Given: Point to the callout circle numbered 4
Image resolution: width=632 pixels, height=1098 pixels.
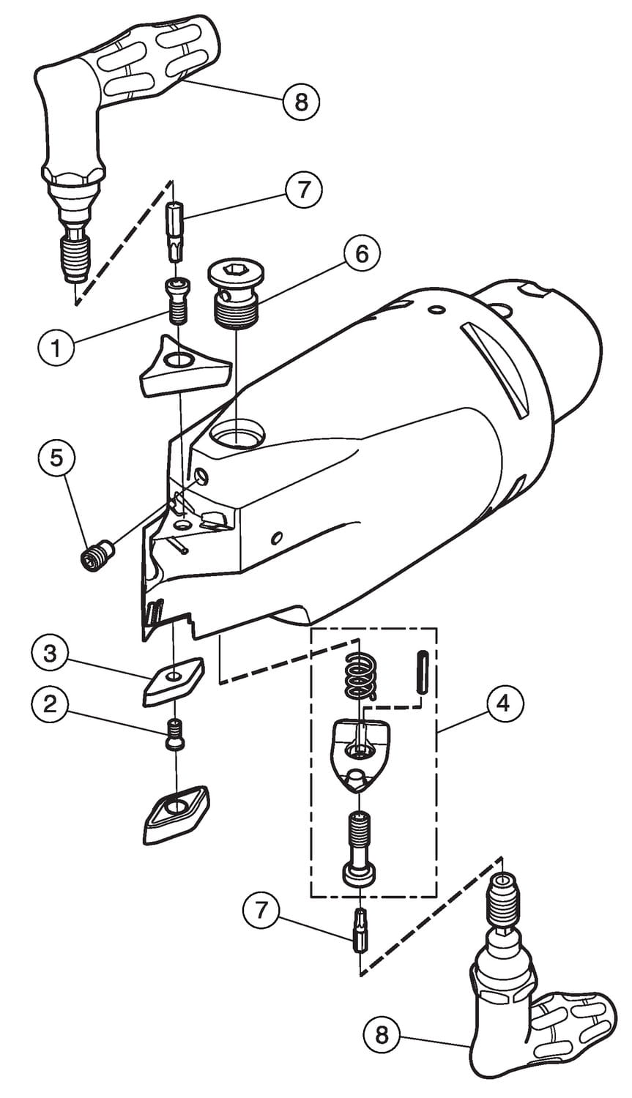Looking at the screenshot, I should click(502, 704).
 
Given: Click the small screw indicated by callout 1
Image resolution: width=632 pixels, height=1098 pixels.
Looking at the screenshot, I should click(177, 301).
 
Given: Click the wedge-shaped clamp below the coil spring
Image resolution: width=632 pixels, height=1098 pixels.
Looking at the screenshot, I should click(359, 752).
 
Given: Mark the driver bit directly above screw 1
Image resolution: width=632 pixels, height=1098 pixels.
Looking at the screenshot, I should click(176, 229).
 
